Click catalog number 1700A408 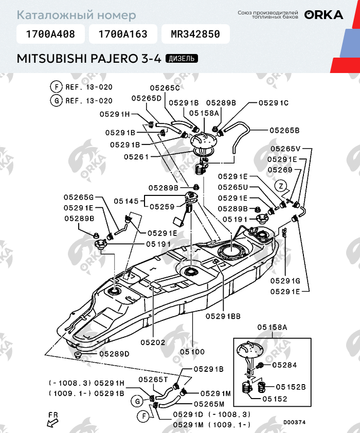pos(50,34)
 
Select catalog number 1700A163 pos(122,34)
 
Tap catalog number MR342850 pos(195,34)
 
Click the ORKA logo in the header pos(323,15)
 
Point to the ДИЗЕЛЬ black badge pos(182,59)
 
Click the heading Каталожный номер pos(77,15)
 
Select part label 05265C pos(165,88)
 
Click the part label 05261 pos(137,156)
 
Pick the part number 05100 pos(192,352)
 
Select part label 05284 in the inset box pos(285,365)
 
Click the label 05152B pos(291,387)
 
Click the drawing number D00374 pos(294,422)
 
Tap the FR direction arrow pos(52,421)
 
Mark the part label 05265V pos(285,149)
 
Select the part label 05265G pos(79,197)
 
